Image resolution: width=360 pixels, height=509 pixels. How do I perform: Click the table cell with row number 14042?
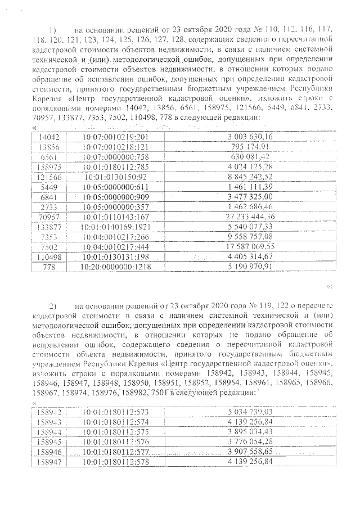[x=48, y=137]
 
